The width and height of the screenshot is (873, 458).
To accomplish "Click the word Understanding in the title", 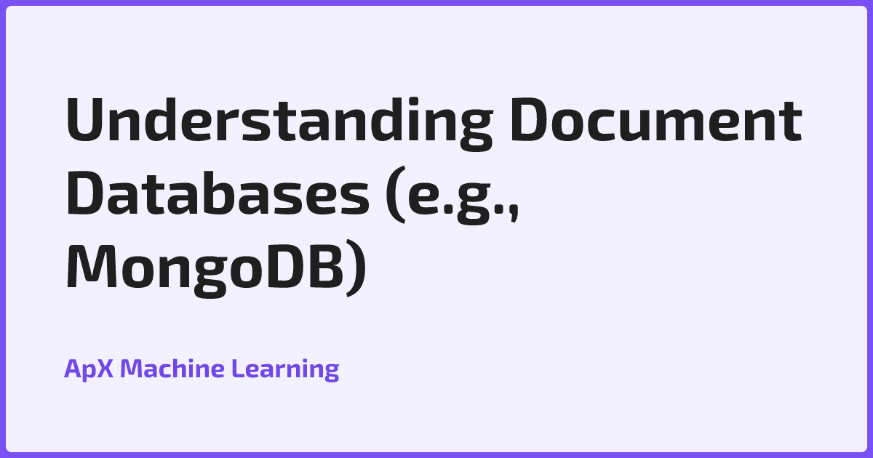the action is (280, 123).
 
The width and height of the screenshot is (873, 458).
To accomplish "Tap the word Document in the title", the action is (657, 120).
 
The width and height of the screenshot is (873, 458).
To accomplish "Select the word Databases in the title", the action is (218, 193).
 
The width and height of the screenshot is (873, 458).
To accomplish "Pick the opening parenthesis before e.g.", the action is (396, 194).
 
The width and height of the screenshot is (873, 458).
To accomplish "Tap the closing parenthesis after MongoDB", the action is (356, 268).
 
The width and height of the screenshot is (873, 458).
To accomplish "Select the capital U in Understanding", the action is (84, 121).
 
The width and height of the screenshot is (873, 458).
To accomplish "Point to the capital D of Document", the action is (531, 120).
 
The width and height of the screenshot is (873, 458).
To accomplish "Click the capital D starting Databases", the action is (87, 193).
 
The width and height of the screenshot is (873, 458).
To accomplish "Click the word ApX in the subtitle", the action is (89, 369).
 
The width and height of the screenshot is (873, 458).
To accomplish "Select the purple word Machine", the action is (172, 368).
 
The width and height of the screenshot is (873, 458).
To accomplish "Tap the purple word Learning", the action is (285, 369).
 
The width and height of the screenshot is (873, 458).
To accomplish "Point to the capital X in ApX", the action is (104, 369).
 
